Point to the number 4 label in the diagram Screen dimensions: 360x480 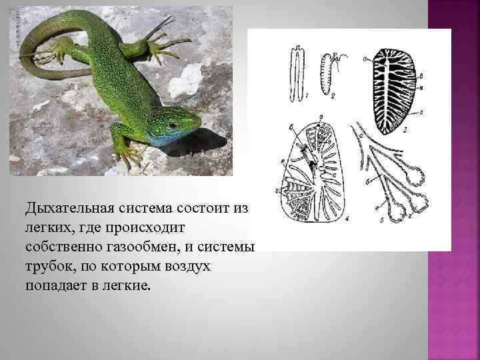[x=347, y=217]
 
